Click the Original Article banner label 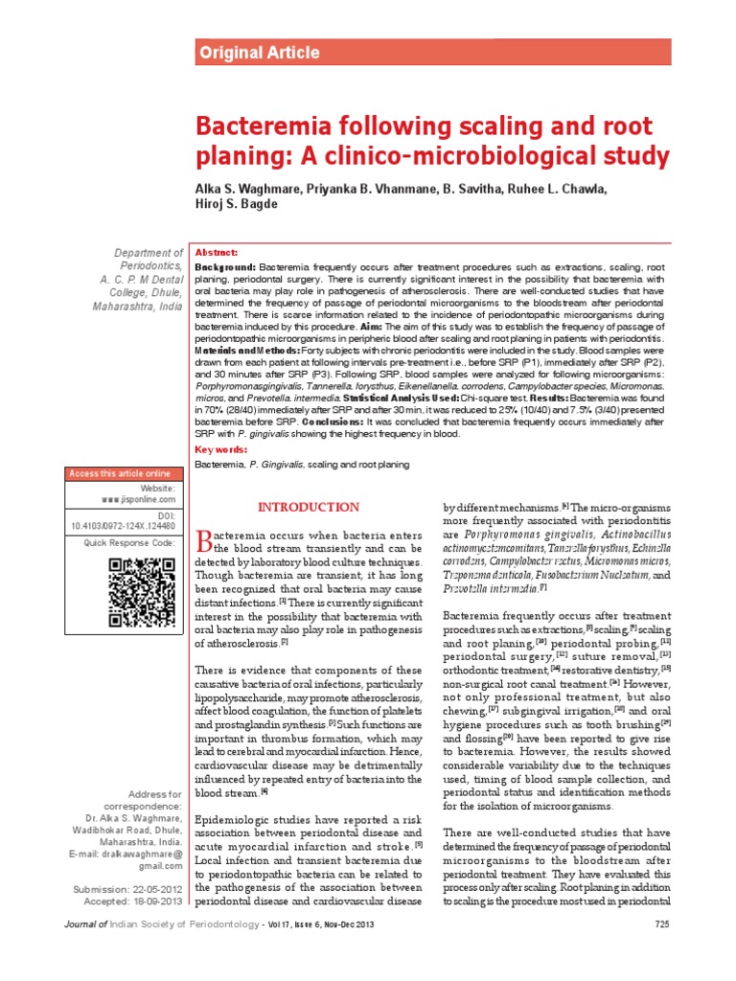coord(259,53)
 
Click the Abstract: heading coord(217,252)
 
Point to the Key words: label coord(221,449)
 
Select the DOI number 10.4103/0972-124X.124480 coord(124,526)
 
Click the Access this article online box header coord(120,474)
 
